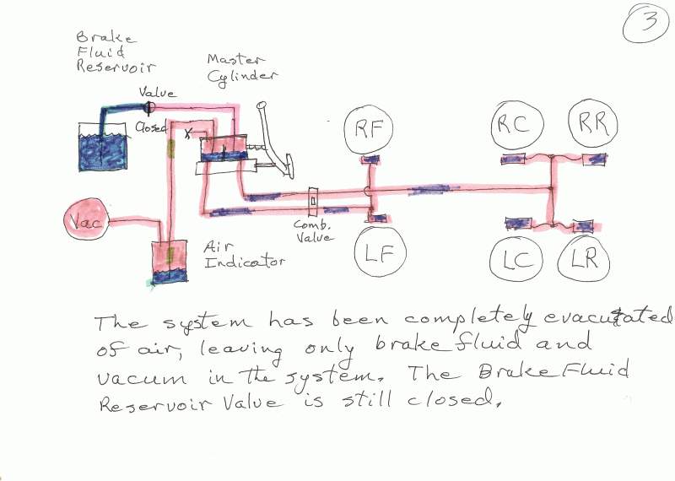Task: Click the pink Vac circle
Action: [87, 219]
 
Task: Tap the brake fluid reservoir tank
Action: [102, 148]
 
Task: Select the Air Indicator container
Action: [170, 262]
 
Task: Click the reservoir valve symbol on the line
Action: [149, 107]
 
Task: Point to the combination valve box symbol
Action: [313, 202]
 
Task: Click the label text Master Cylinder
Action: [241, 70]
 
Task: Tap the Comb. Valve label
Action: [313, 231]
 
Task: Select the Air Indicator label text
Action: [244, 256]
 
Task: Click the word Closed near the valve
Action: [151, 127]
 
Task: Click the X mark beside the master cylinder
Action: [187, 133]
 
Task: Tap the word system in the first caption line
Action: [206, 322]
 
